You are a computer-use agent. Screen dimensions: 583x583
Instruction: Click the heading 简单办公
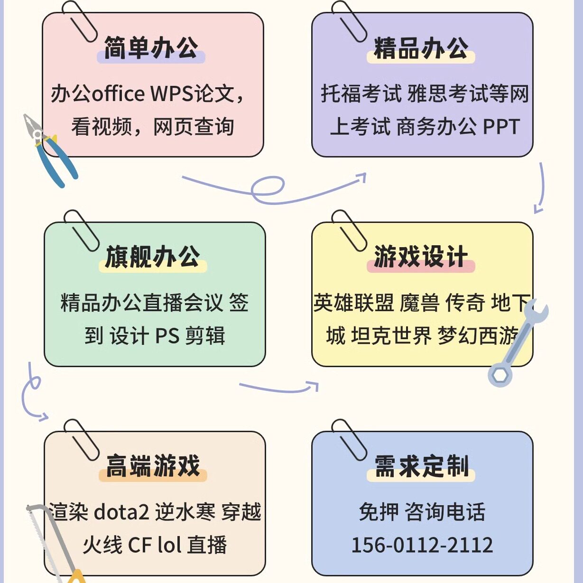click(151, 48)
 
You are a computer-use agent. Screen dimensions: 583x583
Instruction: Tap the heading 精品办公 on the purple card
click(421, 48)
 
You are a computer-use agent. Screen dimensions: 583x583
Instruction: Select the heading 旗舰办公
click(152, 257)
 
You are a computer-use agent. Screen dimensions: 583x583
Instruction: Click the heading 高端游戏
click(153, 466)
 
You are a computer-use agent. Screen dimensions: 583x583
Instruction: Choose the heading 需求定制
click(421, 466)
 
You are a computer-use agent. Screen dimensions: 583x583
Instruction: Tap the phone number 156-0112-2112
click(422, 545)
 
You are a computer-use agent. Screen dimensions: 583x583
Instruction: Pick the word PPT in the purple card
click(501, 127)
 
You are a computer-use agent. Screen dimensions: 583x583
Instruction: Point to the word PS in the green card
click(167, 336)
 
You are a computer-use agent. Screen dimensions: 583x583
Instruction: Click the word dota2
click(121, 512)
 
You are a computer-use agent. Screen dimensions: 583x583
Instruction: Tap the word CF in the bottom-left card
click(139, 545)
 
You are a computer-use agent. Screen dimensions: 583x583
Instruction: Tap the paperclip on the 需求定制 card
click(349, 439)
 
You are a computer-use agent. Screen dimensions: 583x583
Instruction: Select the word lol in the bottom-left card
click(169, 545)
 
